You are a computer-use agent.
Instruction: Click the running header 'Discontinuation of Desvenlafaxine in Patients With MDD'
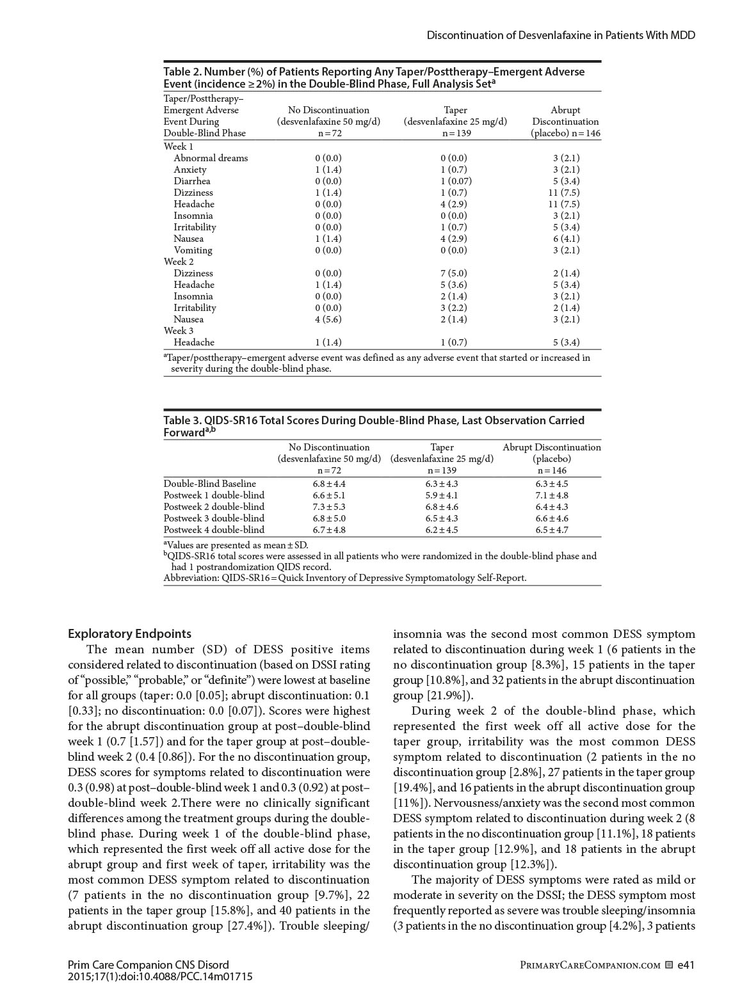pyautogui.click(x=561, y=35)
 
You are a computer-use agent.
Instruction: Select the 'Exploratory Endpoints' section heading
pyautogui.click(x=129, y=633)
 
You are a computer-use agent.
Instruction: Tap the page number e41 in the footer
pyautogui.click(x=686, y=965)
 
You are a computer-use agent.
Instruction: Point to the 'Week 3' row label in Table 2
pyautogui.click(x=179, y=331)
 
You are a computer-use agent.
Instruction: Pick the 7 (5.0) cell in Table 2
pyautogui.click(x=455, y=273)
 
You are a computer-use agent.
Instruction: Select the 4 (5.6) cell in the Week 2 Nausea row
pyautogui.click(x=328, y=319)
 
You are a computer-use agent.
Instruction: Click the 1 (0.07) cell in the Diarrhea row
pyautogui.click(x=455, y=181)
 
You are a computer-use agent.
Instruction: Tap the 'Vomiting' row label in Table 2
pyautogui.click(x=193, y=250)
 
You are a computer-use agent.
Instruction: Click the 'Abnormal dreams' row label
pyautogui.click(x=211, y=158)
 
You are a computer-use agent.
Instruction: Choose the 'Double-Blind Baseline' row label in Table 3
pyautogui.click(x=209, y=484)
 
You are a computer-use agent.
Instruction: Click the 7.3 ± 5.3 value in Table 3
pyautogui.click(x=328, y=507)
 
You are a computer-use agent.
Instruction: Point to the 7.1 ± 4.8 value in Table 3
pyautogui.click(x=551, y=495)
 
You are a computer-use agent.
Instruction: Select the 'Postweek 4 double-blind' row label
pyautogui.click(x=214, y=530)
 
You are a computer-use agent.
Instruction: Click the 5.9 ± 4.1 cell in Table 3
pyautogui.click(x=442, y=495)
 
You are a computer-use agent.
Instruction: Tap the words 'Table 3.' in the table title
pyautogui.click(x=182, y=420)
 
